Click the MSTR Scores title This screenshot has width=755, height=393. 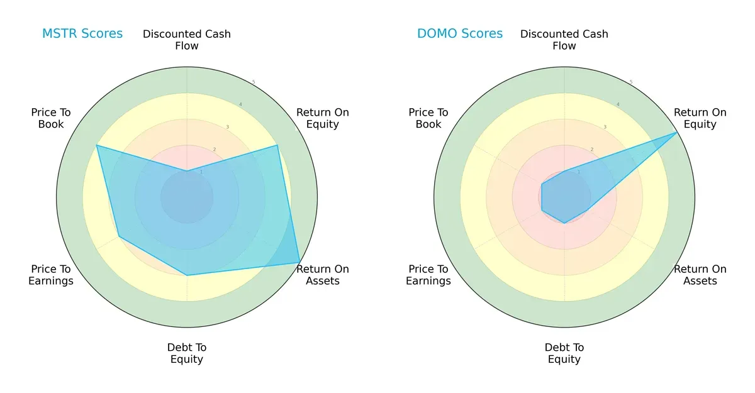coord(82,33)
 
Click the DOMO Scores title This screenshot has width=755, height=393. coord(460,33)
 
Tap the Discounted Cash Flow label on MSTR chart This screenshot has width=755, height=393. coord(187,40)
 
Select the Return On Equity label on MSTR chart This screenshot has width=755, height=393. coord(323,118)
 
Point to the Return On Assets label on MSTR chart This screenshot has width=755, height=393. coord(323,275)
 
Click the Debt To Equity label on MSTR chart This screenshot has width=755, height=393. coord(187,353)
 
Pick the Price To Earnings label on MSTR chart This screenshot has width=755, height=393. coord(51,275)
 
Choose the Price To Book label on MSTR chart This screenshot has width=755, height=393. coord(51,118)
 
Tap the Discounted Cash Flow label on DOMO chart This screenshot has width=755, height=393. coord(564,40)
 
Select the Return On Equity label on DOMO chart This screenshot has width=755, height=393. coord(700,118)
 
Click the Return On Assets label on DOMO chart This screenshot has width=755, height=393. coord(700,275)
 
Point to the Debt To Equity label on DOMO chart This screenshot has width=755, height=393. coord(564,353)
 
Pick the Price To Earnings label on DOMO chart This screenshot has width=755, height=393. coord(428,275)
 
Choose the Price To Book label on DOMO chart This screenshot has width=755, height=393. coord(428,118)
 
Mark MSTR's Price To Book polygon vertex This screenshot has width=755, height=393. coord(96,145)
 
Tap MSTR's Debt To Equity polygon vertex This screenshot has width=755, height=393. coord(187,275)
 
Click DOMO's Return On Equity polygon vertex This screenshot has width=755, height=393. coord(678,133)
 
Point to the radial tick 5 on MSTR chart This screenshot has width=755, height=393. coord(254,82)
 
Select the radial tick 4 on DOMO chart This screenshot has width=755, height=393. coord(618,104)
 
